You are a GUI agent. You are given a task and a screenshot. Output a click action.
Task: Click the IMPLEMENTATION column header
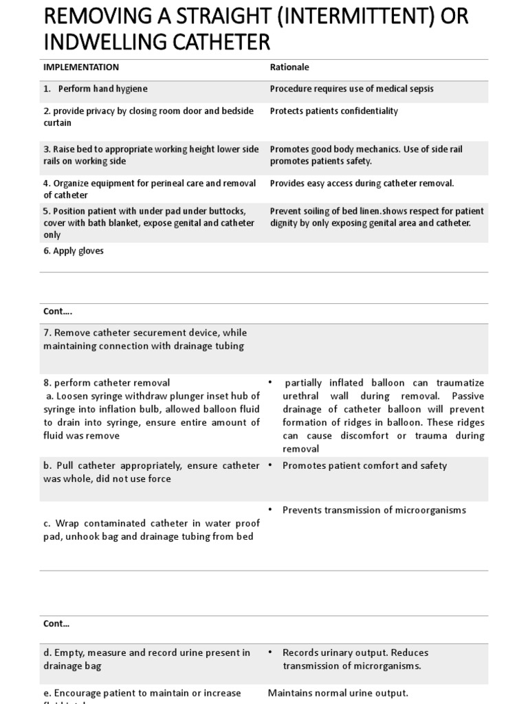[x=81, y=67]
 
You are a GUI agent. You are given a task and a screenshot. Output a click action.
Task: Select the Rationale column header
[x=289, y=67]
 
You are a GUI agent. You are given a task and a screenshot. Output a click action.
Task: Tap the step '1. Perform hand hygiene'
[x=96, y=89]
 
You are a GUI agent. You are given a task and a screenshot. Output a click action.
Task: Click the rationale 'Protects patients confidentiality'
[x=333, y=111]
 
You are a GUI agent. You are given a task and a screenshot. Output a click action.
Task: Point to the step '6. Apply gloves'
[x=74, y=251]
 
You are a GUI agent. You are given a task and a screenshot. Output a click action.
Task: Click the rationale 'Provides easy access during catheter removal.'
[x=362, y=183]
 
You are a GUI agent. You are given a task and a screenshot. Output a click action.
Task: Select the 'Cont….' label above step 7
[x=58, y=311]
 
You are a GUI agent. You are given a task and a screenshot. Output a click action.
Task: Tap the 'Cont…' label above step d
[x=56, y=624]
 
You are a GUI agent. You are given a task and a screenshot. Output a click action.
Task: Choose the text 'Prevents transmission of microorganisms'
[x=374, y=509]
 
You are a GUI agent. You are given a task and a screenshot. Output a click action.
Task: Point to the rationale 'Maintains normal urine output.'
[x=338, y=692]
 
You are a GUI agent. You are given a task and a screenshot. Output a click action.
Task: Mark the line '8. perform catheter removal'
[x=107, y=382]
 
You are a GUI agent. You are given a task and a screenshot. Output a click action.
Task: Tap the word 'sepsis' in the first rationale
[x=420, y=89]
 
